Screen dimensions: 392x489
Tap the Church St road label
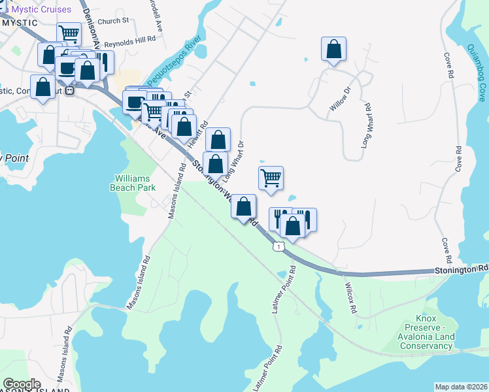pos(114,21)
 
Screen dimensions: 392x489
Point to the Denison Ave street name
pos(91,26)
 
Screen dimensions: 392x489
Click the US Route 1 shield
pos(279,246)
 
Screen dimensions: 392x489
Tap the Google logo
pos(22,384)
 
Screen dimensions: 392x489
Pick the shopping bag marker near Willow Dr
pos(333,49)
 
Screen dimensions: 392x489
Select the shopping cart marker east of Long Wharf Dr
pos(271,178)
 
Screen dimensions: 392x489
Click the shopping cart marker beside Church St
pos(69,33)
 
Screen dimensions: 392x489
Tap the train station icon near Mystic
pos(69,91)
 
